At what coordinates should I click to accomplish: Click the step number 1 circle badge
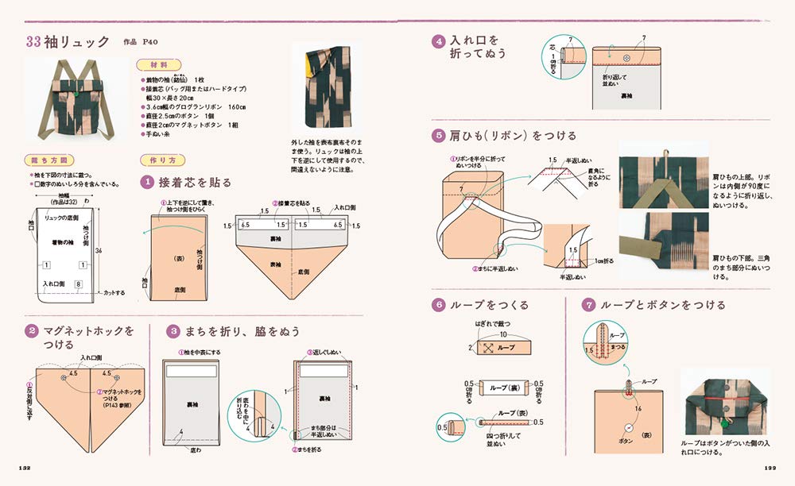coord(146,182)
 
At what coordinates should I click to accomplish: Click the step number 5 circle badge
coord(437,135)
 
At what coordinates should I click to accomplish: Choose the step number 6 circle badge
coord(437,304)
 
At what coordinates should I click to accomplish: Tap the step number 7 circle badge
coord(588,304)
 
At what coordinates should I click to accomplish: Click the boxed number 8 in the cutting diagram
coord(78,283)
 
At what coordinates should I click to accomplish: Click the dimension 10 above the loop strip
coord(502,334)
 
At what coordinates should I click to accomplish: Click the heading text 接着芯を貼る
coord(196,183)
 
